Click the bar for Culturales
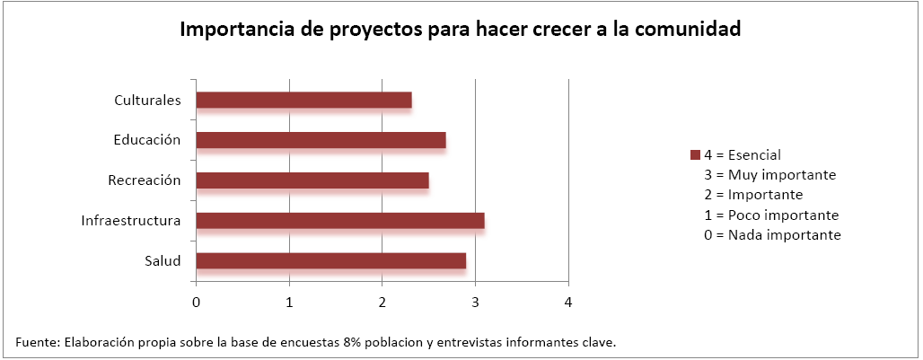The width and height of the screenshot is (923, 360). coord(303,100)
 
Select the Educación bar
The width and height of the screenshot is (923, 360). coord(321,140)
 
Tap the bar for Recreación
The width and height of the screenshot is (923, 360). coord(312,180)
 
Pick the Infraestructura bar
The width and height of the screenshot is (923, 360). coord(340,221)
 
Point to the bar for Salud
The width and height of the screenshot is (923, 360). coord(330,261)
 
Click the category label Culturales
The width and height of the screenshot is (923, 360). coord(148,100)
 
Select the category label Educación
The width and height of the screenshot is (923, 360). coord(147,140)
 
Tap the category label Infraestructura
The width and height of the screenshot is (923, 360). coord(131,221)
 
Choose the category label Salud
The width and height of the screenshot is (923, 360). coord(163,261)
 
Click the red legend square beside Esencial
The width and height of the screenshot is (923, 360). coord(695,155)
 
